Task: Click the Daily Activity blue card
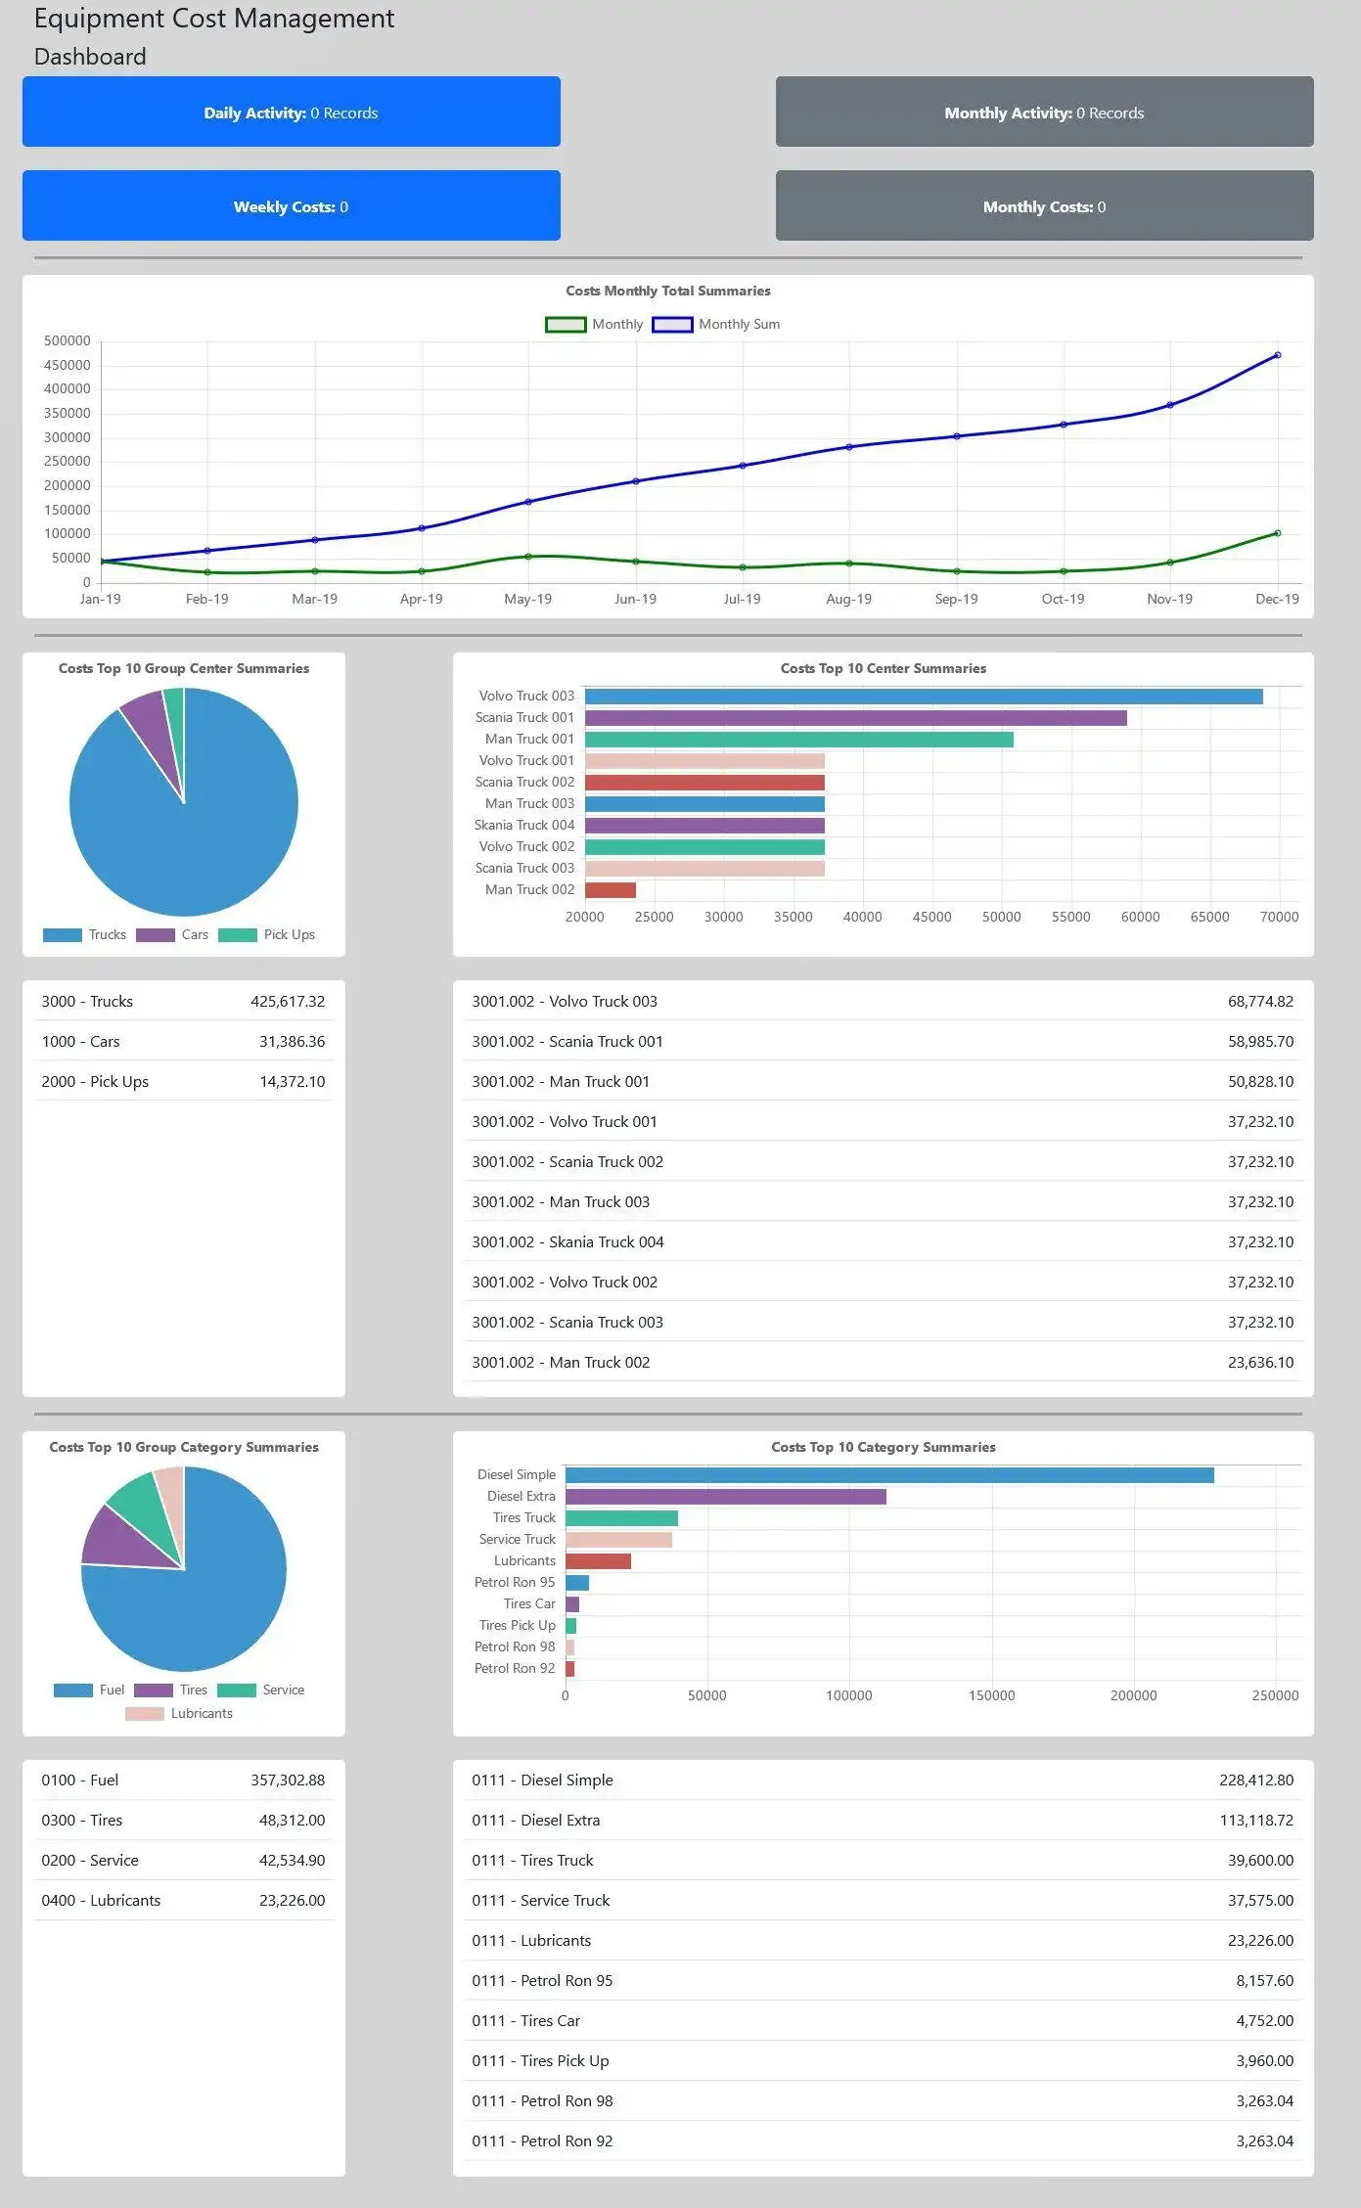pyautogui.click(x=291, y=113)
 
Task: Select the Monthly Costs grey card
pyautogui.click(x=1044, y=206)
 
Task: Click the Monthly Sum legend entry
pyautogui.click(x=716, y=325)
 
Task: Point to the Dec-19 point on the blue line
pyautogui.click(x=1277, y=355)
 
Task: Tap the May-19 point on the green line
pyautogui.click(x=528, y=557)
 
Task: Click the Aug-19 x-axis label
pyautogui.click(x=848, y=599)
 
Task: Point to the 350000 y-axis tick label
pyautogui.click(x=68, y=413)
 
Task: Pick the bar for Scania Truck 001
pyautogui.click(x=855, y=718)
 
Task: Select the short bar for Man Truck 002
pyautogui.click(x=611, y=890)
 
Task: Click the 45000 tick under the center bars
pyautogui.click(x=931, y=917)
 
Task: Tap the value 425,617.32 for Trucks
pyautogui.click(x=288, y=1002)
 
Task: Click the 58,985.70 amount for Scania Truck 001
pyautogui.click(x=1260, y=1042)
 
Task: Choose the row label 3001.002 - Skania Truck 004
pyautogui.click(x=567, y=1242)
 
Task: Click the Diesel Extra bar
pyautogui.click(x=725, y=1497)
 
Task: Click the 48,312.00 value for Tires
pyautogui.click(x=292, y=1821)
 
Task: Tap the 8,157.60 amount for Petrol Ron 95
pyautogui.click(x=1264, y=1981)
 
